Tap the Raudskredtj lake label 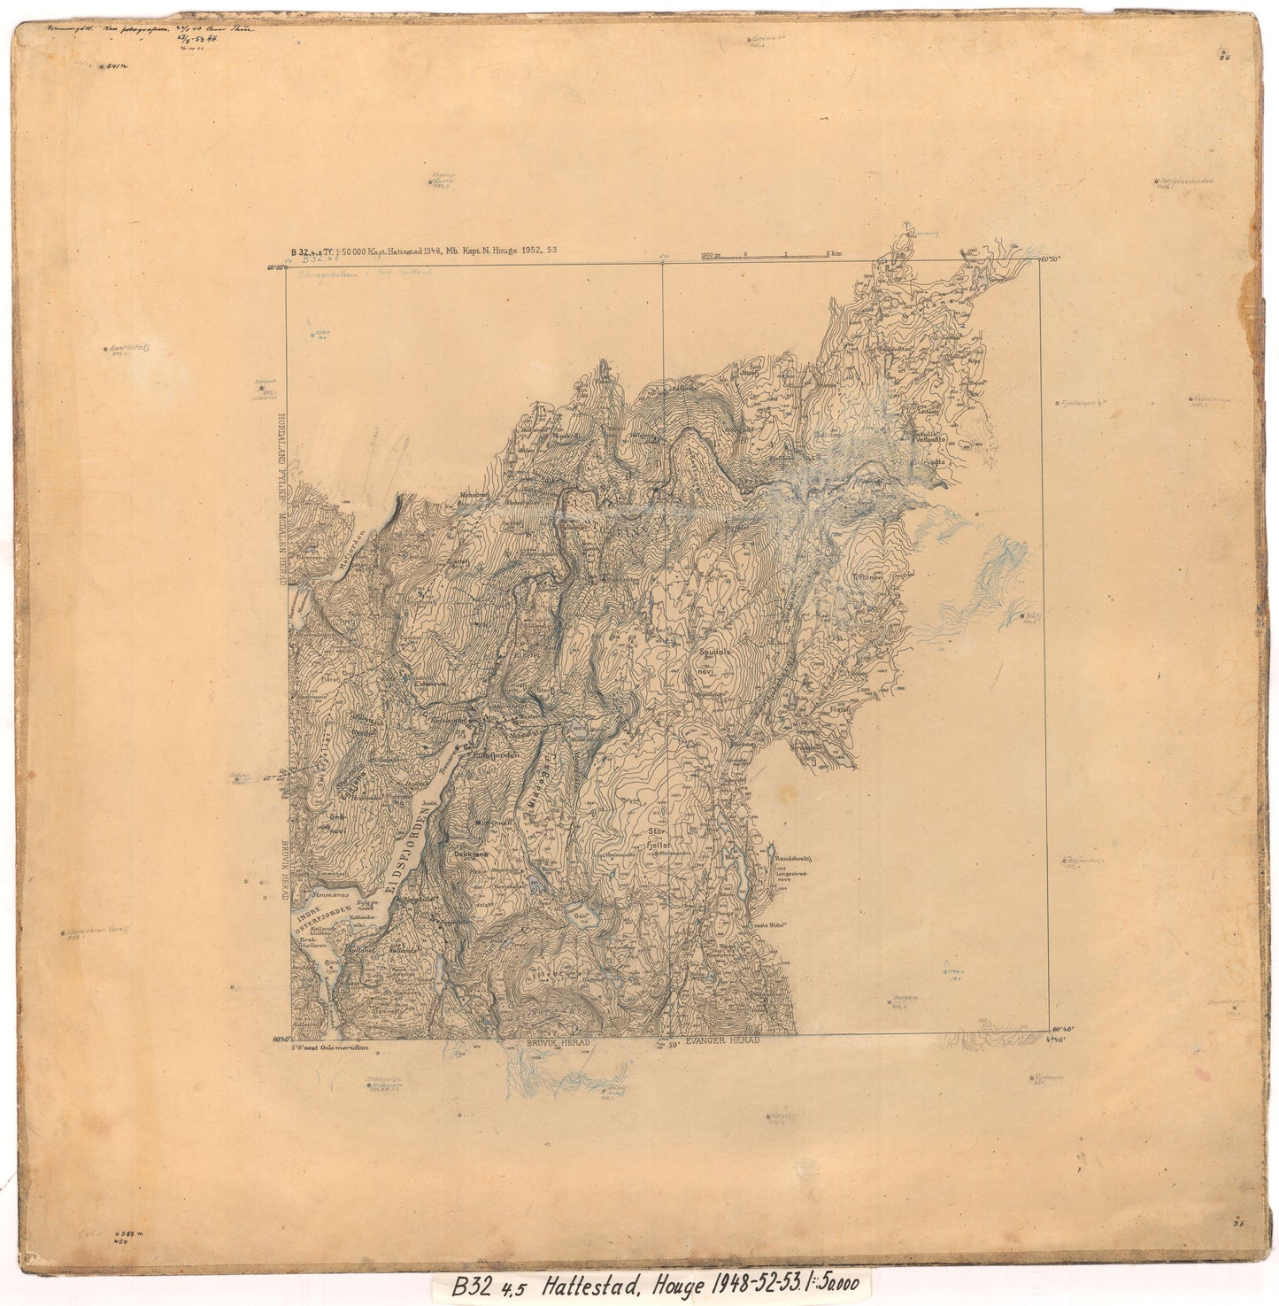(794, 858)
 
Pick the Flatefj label (838, 709)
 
